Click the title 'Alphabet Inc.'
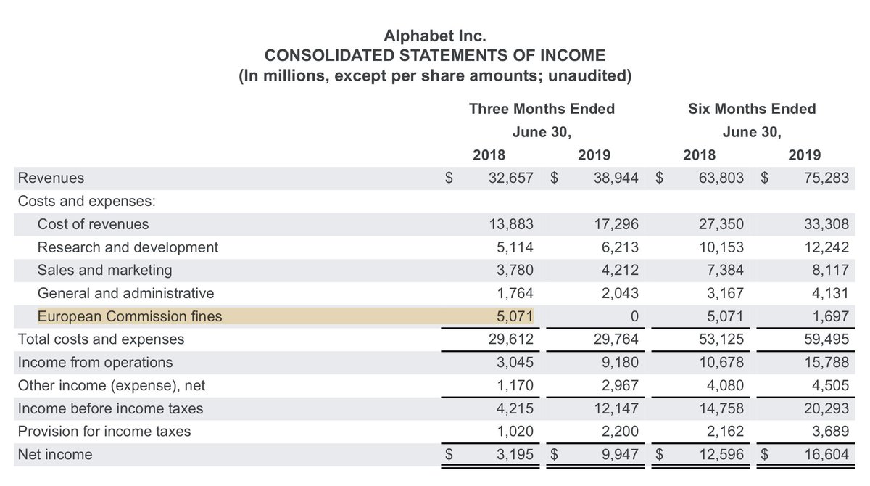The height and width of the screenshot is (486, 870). (x=434, y=34)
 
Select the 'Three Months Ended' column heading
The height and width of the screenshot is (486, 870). (x=542, y=109)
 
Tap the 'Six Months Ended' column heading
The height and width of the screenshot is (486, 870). (x=752, y=109)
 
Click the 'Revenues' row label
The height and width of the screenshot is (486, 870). (x=51, y=178)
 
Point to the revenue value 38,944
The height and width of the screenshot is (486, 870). (x=617, y=178)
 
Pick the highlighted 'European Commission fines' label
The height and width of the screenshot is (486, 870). (x=130, y=316)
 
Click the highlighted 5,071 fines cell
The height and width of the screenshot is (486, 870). (x=516, y=316)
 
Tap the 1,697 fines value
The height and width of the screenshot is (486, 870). (x=830, y=316)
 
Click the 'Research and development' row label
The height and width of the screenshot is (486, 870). (x=128, y=247)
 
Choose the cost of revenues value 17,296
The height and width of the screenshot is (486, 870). (x=617, y=224)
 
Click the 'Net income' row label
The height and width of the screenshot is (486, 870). (x=55, y=455)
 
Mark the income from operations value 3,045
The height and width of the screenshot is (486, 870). (x=516, y=363)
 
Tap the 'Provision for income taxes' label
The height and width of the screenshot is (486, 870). (x=104, y=432)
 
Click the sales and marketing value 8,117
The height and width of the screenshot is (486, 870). (x=830, y=271)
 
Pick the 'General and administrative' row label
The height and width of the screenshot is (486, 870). (x=125, y=294)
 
